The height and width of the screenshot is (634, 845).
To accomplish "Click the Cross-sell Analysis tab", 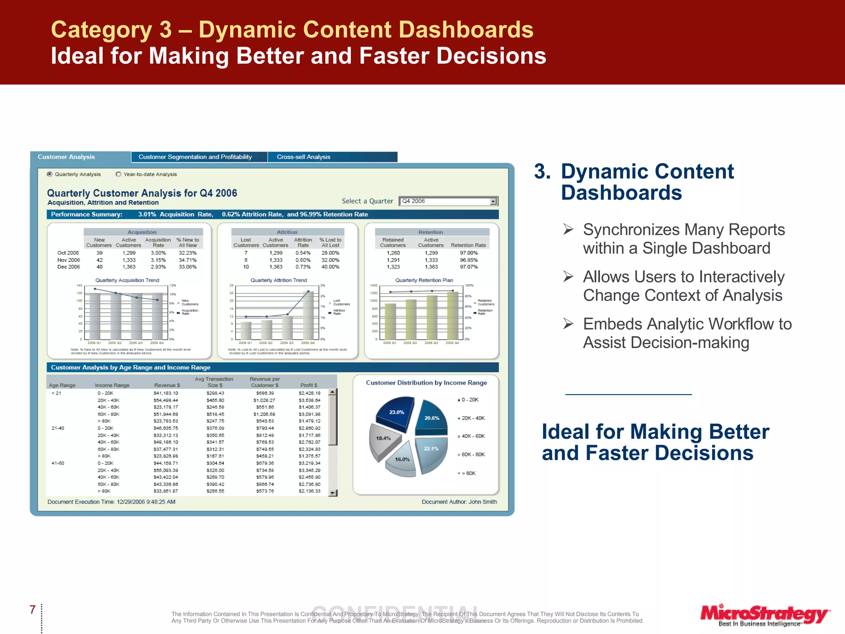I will [x=304, y=157].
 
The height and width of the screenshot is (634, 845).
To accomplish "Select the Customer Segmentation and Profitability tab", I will [x=195, y=157].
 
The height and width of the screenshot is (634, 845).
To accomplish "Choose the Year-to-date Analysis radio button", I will [x=119, y=174].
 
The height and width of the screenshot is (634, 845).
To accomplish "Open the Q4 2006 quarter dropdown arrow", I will [x=493, y=201].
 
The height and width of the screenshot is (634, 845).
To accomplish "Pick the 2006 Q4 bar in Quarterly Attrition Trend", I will [x=308, y=315].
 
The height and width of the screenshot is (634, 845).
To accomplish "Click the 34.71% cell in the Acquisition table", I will [x=187, y=260].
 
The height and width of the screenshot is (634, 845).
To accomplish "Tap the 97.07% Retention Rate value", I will [x=469, y=267].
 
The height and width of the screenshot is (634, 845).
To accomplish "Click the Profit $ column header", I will [x=309, y=385].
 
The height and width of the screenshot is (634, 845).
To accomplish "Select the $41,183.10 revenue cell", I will [x=165, y=393].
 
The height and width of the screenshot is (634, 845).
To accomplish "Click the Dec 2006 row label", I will [x=68, y=267].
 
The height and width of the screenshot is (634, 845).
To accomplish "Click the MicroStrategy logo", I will [x=764, y=615].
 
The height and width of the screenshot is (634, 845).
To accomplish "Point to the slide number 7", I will [x=33, y=610].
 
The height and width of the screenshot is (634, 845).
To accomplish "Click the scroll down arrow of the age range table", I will [x=333, y=493].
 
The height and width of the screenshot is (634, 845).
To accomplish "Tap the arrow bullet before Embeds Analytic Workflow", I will [x=569, y=324].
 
